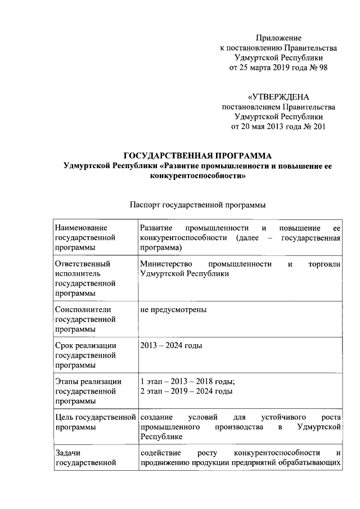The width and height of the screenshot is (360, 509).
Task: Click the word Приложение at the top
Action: tap(279, 37)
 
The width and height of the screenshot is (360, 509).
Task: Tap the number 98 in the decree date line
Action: tap(321, 67)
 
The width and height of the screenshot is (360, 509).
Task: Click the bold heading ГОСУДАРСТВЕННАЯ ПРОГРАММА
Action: tap(197, 156)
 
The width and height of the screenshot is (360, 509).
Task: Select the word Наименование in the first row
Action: tap(80, 228)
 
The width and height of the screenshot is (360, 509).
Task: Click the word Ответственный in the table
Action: tap(83, 263)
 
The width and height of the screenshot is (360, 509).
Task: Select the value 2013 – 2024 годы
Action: tap(171, 345)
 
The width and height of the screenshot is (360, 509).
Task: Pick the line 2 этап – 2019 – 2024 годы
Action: tap(186, 391)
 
